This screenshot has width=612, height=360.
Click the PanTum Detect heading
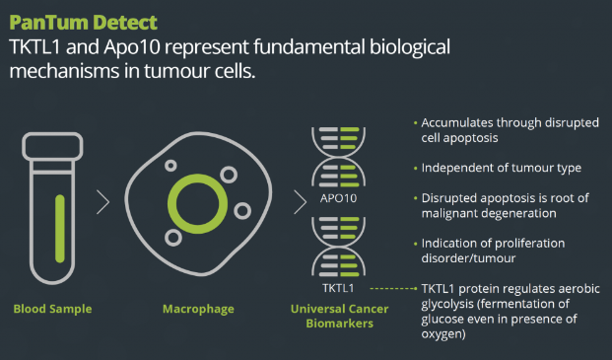pyautogui.click(x=83, y=23)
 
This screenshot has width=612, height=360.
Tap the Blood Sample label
pyautogui.click(x=52, y=309)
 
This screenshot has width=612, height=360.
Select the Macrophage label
pyautogui.click(x=198, y=309)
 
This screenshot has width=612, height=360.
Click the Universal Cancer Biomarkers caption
pyautogui.click(x=340, y=316)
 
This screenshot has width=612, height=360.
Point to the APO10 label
pyautogui.click(x=338, y=198)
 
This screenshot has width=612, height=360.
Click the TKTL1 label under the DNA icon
pyautogui.click(x=338, y=288)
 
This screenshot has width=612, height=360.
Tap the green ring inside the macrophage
pyautogui.click(x=197, y=176)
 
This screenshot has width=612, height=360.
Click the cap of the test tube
pyautogui.click(x=52, y=146)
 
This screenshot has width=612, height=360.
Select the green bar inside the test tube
pyautogui.click(x=60, y=229)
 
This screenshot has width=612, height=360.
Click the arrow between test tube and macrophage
pyautogui.click(x=103, y=202)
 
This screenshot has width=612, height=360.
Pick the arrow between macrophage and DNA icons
pyautogui.click(x=301, y=202)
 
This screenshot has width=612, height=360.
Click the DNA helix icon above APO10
pyautogui.click(x=338, y=157)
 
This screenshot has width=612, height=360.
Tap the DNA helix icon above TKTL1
pyautogui.click(x=338, y=247)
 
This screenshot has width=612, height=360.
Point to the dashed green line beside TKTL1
pyautogui.click(x=393, y=289)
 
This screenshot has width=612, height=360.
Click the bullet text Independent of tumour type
pyautogui.click(x=502, y=168)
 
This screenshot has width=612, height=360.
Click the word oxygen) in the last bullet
pyautogui.click(x=443, y=334)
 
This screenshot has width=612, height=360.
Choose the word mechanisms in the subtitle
pyautogui.click(x=64, y=71)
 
